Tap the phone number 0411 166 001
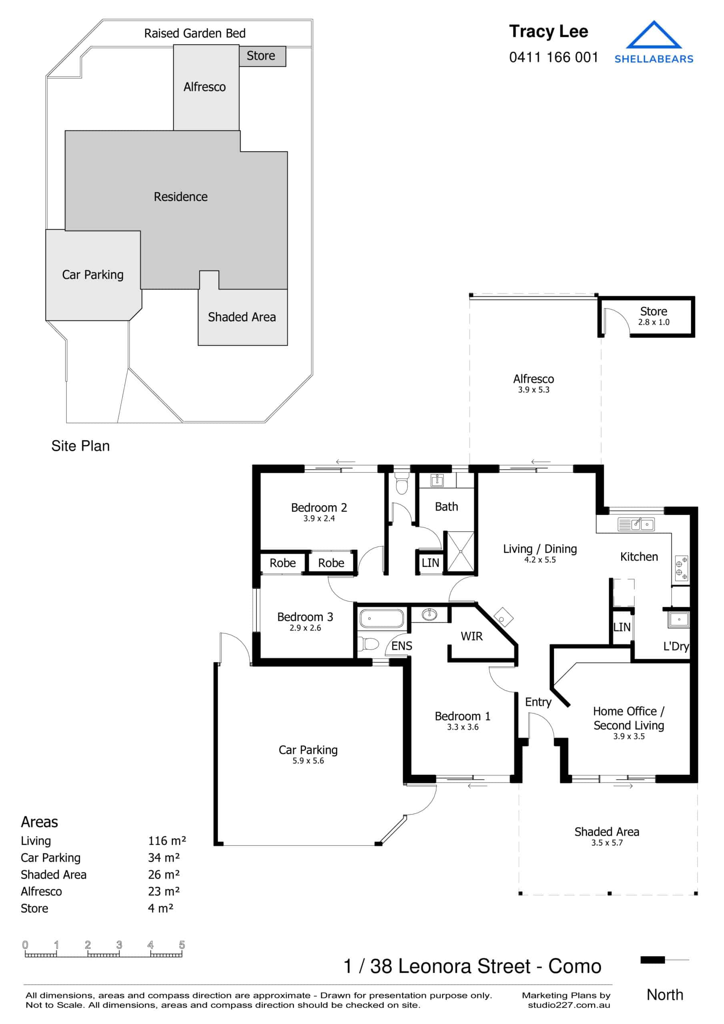[553, 58]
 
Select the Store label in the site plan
[261, 56]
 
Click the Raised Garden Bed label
[195, 34]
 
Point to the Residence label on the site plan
[180, 197]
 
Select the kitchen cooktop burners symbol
[681, 568]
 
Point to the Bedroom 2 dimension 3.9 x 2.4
[319, 518]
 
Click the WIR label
[471, 636]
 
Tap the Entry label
[538, 702]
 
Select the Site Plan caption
[80, 446]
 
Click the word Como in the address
[574, 966]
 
